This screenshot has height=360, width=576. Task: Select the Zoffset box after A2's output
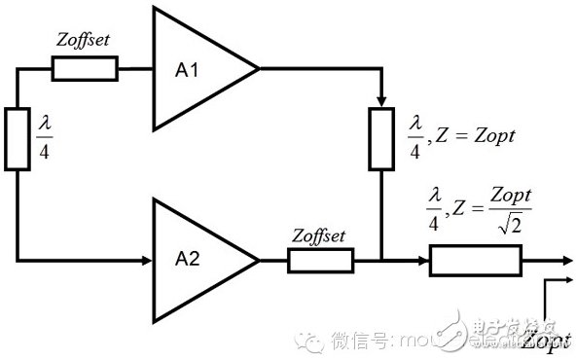point(320,261)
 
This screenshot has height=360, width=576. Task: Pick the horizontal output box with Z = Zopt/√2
point(476,261)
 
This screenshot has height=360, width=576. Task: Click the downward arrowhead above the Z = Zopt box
point(380,102)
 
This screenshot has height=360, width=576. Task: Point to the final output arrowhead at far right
point(566,261)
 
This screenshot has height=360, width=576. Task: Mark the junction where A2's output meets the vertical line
point(380,261)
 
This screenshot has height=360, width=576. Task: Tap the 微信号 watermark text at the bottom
point(360,341)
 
